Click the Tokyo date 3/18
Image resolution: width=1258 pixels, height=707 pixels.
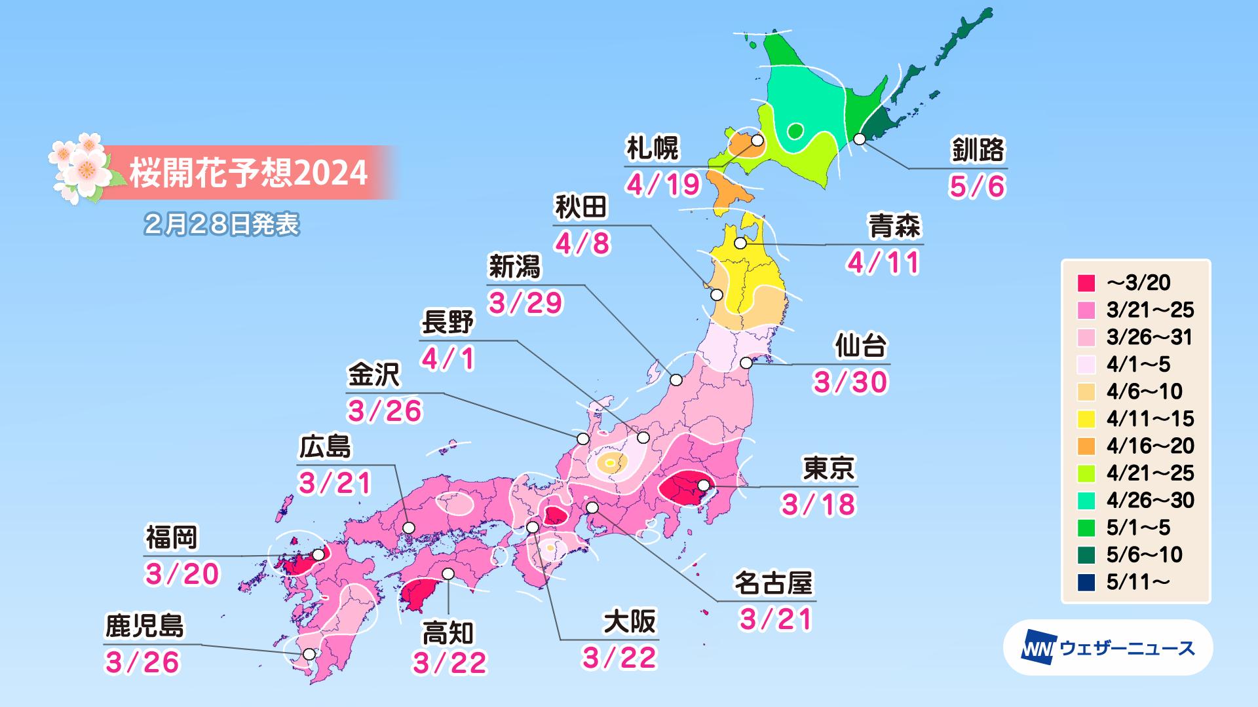819,504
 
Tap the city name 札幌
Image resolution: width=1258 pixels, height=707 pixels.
652,149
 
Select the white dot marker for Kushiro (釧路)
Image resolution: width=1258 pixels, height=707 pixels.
860,139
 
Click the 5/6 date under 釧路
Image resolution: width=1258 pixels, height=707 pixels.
977,187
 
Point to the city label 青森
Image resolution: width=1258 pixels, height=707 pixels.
894,226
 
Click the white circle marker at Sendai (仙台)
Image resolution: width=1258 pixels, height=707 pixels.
746,363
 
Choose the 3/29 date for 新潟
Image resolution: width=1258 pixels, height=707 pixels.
526,302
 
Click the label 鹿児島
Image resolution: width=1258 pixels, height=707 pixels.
145,626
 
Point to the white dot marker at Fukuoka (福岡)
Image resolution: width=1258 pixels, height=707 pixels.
318,554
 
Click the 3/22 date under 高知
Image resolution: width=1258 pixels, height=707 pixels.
449,662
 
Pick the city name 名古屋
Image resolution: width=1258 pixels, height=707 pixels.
773,583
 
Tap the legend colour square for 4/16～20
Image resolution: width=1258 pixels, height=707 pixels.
1086,446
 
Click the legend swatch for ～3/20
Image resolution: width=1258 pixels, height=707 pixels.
1086,283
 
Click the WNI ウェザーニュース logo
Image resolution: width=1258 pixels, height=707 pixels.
1107,648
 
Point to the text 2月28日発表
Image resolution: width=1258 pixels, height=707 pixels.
221,225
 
